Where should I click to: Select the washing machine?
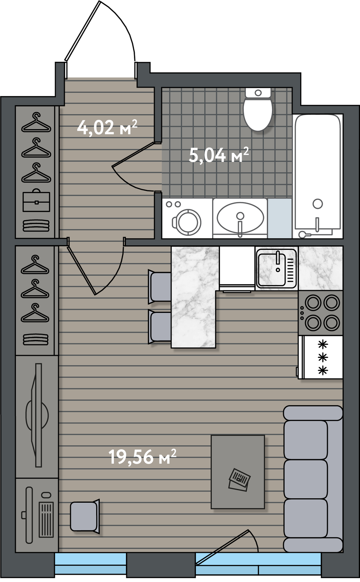[187, 218]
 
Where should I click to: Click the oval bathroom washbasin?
[240, 218]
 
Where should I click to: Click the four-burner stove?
[320, 313]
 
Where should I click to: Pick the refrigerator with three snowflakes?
[320, 357]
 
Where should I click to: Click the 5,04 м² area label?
[219, 155]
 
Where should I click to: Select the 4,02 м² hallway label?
[107, 127]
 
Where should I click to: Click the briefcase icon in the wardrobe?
[36, 200]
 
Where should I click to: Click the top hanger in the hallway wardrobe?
[36, 123]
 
